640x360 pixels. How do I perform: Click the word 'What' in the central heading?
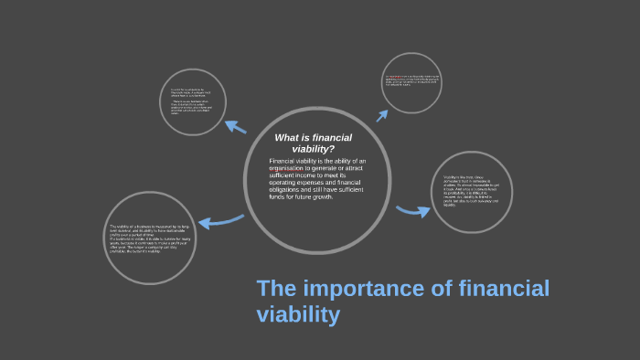click(287, 138)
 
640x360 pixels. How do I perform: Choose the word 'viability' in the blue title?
click(298, 315)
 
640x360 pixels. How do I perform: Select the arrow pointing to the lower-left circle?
click(219, 220)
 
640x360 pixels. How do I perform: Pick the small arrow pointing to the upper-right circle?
click(379, 113)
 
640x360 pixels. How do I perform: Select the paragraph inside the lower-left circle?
click(150, 239)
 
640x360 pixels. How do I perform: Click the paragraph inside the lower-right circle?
click(470, 189)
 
